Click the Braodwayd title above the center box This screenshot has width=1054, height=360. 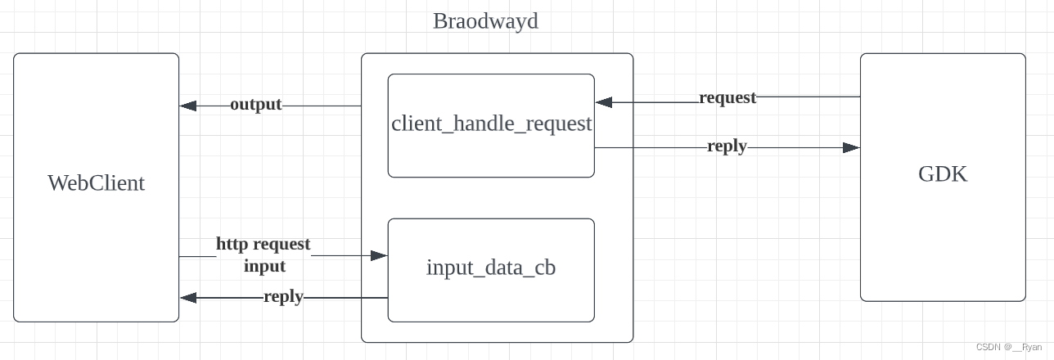click(485, 20)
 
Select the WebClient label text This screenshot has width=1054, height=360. click(96, 182)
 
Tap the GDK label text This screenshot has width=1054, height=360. click(943, 174)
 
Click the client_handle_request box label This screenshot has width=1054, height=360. click(491, 124)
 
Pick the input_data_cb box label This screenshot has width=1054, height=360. click(491, 268)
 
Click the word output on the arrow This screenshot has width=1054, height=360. click(255, 105)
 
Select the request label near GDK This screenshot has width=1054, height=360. click(727, 97)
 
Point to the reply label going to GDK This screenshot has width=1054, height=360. click(727, 146)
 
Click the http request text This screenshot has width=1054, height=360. click(263, 244)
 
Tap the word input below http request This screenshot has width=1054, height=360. click(264, 266)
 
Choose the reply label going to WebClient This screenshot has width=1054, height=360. click(283, 296)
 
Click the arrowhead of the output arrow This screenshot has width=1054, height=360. click(188, 106)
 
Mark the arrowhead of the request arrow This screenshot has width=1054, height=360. click(604, 102)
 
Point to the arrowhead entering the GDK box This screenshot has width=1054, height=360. click(851, 148)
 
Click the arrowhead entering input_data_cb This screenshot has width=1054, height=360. click(379, 255)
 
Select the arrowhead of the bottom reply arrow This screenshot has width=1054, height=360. click(188, 298)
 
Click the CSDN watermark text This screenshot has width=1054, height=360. click(989, 347)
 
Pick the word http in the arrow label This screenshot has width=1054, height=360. click(232, 244)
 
